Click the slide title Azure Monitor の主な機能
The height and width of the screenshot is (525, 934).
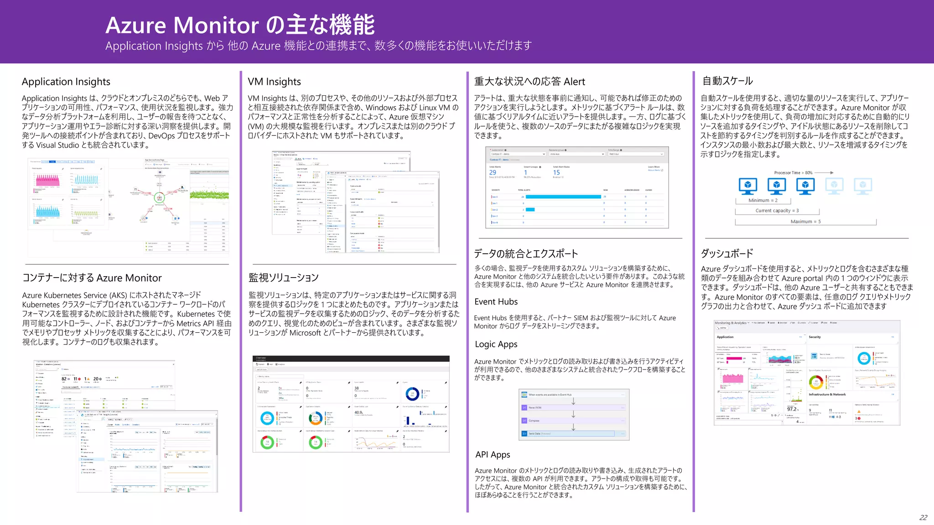click(240, 25)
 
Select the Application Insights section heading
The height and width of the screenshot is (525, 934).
click(66, 82)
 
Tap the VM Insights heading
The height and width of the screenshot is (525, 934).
click(274, 82)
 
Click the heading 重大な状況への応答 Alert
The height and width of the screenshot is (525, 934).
click(529, 82)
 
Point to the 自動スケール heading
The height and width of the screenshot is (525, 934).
click(727, 81)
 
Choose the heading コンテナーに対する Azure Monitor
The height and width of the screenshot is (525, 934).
click(92, 278)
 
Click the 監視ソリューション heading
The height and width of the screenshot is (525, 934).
click(283, 278)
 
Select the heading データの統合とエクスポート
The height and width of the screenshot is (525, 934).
click(526, 254)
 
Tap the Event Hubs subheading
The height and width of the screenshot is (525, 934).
click(496, 302)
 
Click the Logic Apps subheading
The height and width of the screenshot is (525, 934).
click(496, 345)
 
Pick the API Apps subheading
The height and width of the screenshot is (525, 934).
click(493, 455)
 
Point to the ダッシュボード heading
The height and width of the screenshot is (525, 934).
click(727, 253)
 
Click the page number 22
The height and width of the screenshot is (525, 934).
click(923, 518)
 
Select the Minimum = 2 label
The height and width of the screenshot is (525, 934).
click(763, 201)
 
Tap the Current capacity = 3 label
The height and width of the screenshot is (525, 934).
click(777, 211)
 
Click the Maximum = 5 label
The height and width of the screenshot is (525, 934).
click(805, 222)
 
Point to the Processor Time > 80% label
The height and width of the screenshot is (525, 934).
click(793, 173)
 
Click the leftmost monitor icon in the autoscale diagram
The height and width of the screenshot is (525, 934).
click(748, 186)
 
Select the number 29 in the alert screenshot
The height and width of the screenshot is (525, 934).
click(493, 173)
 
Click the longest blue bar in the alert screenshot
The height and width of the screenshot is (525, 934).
click(563, 197)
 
